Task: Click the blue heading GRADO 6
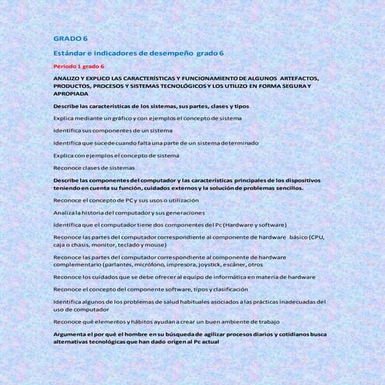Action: tap(70, 37)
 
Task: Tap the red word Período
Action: tap(65, 66)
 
